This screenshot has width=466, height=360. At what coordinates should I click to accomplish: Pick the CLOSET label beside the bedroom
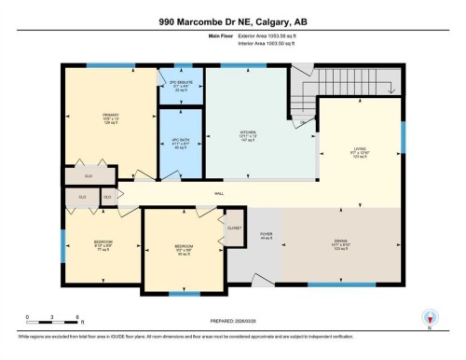click(x=233, y=226)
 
